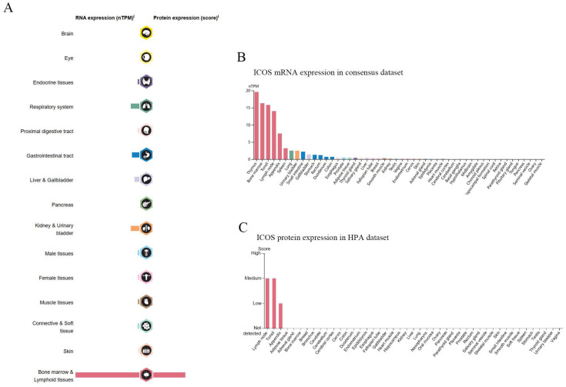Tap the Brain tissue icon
(x=146, y=34)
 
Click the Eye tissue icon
(x=146, y=57)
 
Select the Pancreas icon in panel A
(x=146, y=204)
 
